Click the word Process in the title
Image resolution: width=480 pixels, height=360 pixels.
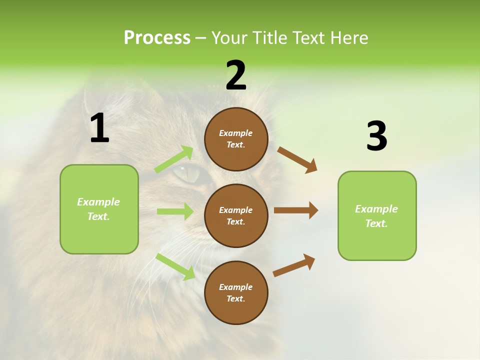(157, 38)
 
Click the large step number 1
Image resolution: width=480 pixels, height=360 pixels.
(99, 128)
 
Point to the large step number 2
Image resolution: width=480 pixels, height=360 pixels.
(236, 76)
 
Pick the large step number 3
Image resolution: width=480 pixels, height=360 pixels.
(376, 136)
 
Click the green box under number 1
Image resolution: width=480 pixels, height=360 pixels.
(99, 209)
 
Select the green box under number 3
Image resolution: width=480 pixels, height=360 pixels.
(377, 216)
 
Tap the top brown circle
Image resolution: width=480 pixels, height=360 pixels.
(236, 139)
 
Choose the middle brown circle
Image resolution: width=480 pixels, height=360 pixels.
(236, 215)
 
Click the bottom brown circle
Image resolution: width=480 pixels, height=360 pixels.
(236, 292)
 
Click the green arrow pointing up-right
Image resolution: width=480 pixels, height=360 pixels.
(174, 159)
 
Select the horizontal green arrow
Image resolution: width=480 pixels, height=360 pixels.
(175, 211)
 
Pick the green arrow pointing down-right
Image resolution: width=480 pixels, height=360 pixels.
(175, 266)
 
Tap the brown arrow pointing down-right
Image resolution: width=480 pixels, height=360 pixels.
(297, 159)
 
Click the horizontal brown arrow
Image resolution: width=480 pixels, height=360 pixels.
(296, 210)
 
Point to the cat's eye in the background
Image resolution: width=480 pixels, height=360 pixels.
(186, 173)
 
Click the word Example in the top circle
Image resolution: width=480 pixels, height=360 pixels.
(236, 133)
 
